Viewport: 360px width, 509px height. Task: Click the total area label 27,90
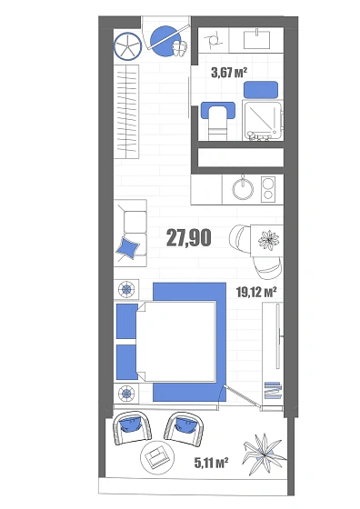188,237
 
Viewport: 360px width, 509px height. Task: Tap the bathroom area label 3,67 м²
229,72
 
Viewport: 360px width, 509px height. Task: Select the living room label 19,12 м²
256,292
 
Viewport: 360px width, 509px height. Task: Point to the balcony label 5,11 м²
211,463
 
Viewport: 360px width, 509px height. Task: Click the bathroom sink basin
256,39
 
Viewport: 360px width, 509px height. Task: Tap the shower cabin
263,120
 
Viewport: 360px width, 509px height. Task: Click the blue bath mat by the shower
261,90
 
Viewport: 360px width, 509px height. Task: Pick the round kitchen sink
243,189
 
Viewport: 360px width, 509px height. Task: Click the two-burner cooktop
268,189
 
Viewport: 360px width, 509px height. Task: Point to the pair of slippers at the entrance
180,48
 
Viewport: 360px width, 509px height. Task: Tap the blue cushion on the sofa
128,247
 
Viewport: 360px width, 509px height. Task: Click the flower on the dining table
268,241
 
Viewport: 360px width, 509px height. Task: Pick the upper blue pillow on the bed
127,321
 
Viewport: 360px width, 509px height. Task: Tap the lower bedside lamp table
126,394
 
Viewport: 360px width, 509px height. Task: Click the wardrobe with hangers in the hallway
126,112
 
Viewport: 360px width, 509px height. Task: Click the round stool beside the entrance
127,46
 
